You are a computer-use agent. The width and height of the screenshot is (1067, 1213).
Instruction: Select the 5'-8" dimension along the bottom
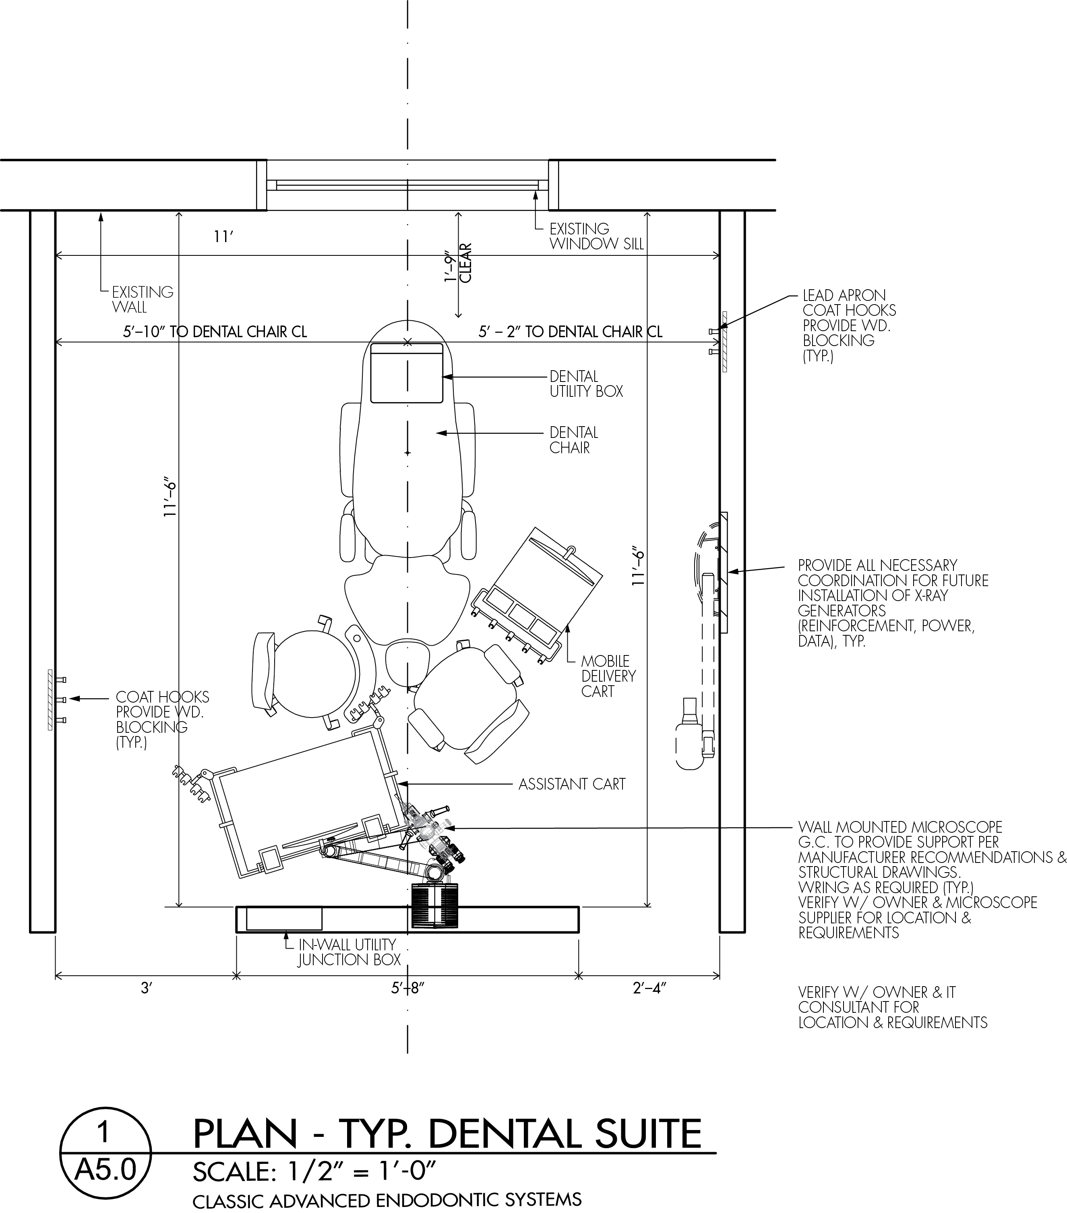pos(408,988)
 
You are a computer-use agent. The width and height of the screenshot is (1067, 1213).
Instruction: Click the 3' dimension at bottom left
pos(147,988)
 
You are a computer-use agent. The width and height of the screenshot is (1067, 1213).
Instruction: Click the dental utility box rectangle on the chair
pos(407,373)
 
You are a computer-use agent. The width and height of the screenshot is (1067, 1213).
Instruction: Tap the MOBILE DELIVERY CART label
pos(608,676)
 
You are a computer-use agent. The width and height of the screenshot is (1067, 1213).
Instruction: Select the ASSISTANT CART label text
pos(572,784)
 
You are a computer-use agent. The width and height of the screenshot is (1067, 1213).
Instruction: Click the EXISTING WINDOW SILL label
pos(596,236)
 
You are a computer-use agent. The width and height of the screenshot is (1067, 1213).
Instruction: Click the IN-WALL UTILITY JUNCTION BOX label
pos(349,952)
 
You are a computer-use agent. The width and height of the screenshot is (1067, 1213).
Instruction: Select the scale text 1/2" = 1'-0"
pos(362,1172)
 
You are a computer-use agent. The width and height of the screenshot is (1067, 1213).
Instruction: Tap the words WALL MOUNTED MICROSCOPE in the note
pos(900,827)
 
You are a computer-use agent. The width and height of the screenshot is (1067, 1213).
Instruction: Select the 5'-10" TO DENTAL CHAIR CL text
pos(215,332)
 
